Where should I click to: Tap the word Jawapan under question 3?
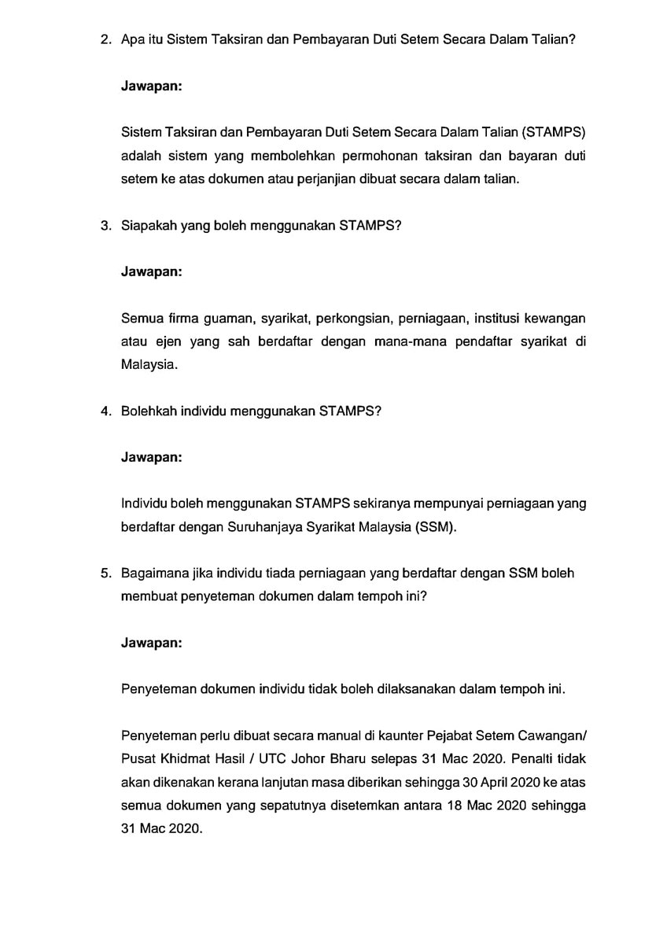(152, 271)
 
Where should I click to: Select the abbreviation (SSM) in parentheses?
(433, 526)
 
